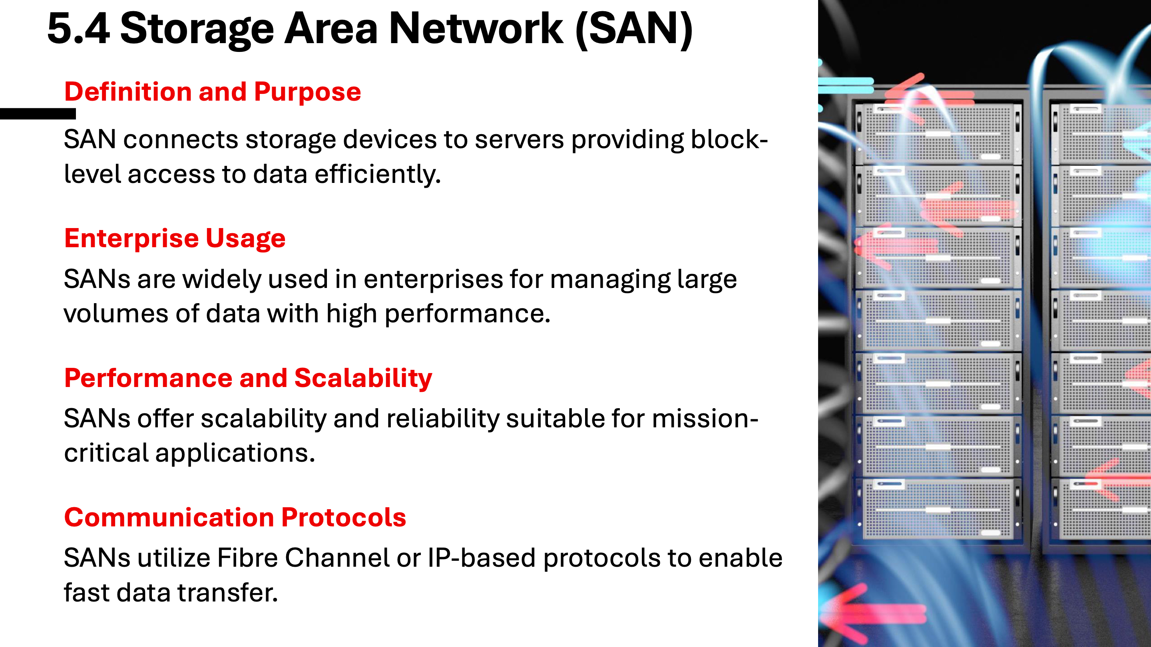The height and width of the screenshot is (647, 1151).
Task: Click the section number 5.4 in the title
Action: coord(78,29)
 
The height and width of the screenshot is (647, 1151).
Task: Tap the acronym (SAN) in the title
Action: coord(634,30)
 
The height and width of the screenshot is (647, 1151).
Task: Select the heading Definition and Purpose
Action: coord(212,91)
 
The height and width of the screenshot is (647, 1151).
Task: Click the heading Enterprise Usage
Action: coord(175,238)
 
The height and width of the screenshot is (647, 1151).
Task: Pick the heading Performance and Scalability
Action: coord(248,378)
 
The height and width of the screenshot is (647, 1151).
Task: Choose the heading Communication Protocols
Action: coord(235,518)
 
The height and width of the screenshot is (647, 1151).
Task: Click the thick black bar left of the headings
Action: coord(38,114)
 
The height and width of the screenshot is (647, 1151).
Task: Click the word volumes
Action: coord(116,314)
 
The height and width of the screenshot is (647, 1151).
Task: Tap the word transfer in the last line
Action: coord(227,593)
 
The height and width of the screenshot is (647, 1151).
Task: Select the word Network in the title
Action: coord(476,29)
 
